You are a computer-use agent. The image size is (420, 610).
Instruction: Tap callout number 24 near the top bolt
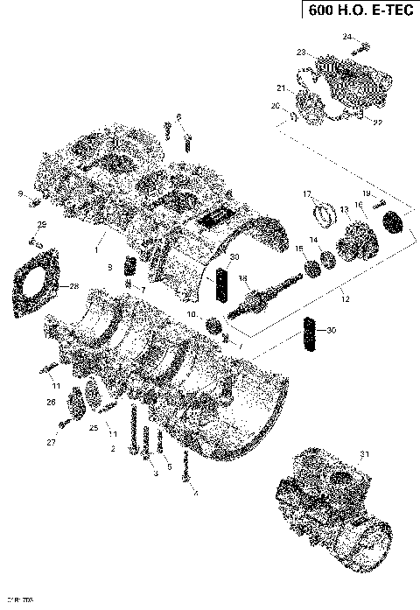tap(346, 36)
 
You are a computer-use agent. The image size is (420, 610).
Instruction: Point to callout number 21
tap(281, 88)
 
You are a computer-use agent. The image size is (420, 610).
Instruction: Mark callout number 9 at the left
tap(19, 193)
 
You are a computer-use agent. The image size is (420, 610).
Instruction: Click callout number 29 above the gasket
tap(40, 226)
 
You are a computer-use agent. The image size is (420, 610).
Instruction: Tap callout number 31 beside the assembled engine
tap(365, 453)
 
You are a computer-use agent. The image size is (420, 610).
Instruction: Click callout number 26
tap(51, 402)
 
